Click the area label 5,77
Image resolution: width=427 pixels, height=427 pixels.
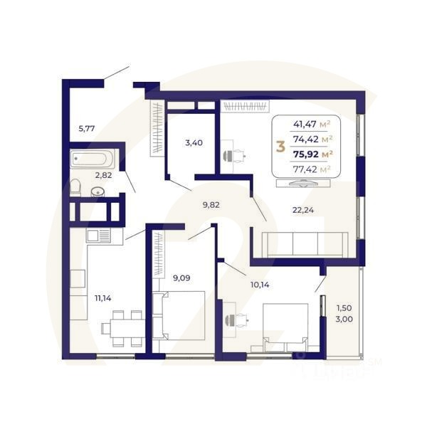pos(86,129)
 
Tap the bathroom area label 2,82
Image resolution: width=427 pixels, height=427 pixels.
pos(104,174)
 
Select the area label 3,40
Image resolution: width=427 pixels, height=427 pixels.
pos(194,142)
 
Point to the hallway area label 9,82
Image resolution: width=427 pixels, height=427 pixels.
pos(211,204)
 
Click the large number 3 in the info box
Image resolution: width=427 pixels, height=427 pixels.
pos(280,147)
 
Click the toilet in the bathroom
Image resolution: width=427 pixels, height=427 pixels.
pos(75,188)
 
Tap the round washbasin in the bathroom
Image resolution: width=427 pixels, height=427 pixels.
pos(97,191)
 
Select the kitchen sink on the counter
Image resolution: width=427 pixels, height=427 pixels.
pos(98,235)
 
